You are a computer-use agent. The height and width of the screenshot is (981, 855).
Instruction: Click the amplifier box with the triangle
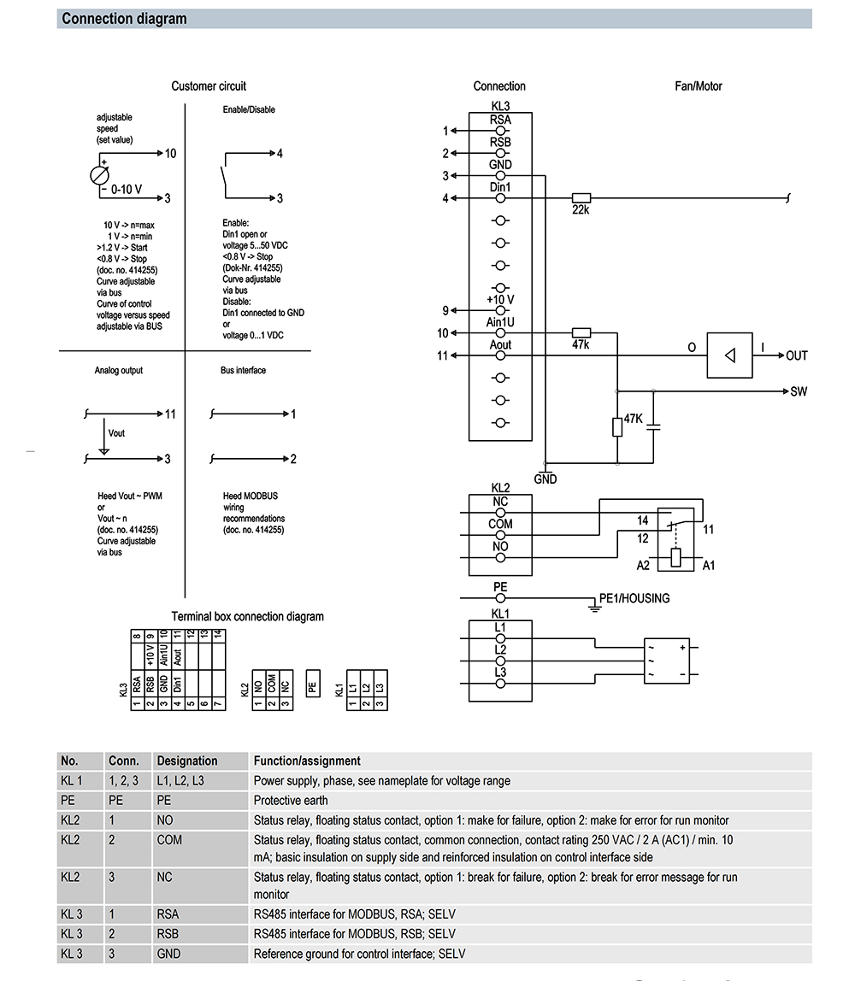(x=728, y=355)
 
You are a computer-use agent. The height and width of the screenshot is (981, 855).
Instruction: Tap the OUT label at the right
(x=797, y=355)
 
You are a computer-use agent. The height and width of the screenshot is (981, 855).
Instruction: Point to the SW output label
(x=799, y=391)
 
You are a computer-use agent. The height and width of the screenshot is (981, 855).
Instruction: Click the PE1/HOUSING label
(x=634, y=598)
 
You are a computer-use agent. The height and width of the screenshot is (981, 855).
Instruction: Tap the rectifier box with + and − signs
(x=667, y=660)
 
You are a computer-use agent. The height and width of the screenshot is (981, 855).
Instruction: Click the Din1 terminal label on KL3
(x=500, y=187)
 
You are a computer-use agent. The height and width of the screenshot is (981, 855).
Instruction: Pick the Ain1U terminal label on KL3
(x=500, y=322)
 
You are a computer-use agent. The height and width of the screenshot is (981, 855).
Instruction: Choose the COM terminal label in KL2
(x=500, y=524)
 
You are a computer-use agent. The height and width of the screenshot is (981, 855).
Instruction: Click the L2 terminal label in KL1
(x=500, y=649)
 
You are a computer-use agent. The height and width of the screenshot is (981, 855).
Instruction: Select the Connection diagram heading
(x=124, y=19)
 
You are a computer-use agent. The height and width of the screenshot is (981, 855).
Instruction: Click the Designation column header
(x=186, y=761)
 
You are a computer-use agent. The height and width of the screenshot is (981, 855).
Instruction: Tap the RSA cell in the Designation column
(x=168, y=914)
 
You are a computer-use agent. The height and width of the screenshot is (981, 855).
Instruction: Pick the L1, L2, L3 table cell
(x=180, y=780)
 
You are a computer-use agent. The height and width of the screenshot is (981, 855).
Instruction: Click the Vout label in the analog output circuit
(x=117, y=433)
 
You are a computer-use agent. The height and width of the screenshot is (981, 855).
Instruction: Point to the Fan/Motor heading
(x=699, y=85)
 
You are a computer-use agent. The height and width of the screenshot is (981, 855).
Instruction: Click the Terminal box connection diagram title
(x=247, y=616)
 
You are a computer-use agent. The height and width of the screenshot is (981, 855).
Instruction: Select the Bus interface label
(x=243, y=370)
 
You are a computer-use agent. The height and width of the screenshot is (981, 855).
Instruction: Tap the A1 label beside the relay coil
(x=708, y=565)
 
